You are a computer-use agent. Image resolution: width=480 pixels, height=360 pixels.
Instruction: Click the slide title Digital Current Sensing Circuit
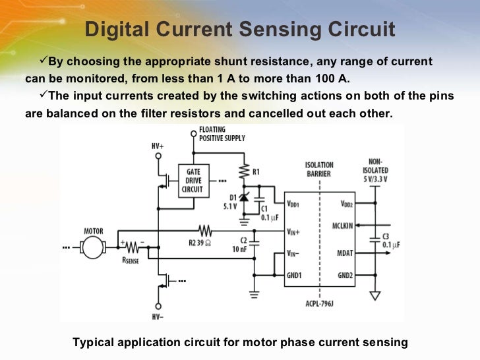[240, 30]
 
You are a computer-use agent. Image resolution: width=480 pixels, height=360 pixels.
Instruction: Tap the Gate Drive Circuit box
[193, 180]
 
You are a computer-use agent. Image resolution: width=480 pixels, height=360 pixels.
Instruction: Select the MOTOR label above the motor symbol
[93, 231]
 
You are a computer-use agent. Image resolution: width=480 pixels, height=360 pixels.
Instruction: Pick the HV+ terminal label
[158, 145]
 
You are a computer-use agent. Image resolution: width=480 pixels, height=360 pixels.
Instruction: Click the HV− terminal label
[158, 316]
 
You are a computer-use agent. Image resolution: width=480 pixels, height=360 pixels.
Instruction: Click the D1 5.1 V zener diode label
[233, 201]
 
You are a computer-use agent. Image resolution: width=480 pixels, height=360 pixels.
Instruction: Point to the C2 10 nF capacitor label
[242, 245]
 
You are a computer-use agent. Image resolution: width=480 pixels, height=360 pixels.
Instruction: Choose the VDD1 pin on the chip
[293, 204]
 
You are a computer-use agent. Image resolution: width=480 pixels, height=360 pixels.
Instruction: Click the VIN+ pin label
[293, 231]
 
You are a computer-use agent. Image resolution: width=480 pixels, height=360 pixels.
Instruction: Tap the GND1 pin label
[293, 274]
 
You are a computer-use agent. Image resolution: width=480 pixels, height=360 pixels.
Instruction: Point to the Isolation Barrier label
[319, 169]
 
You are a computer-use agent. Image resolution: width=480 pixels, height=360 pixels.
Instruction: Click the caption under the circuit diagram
[240, 342]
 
